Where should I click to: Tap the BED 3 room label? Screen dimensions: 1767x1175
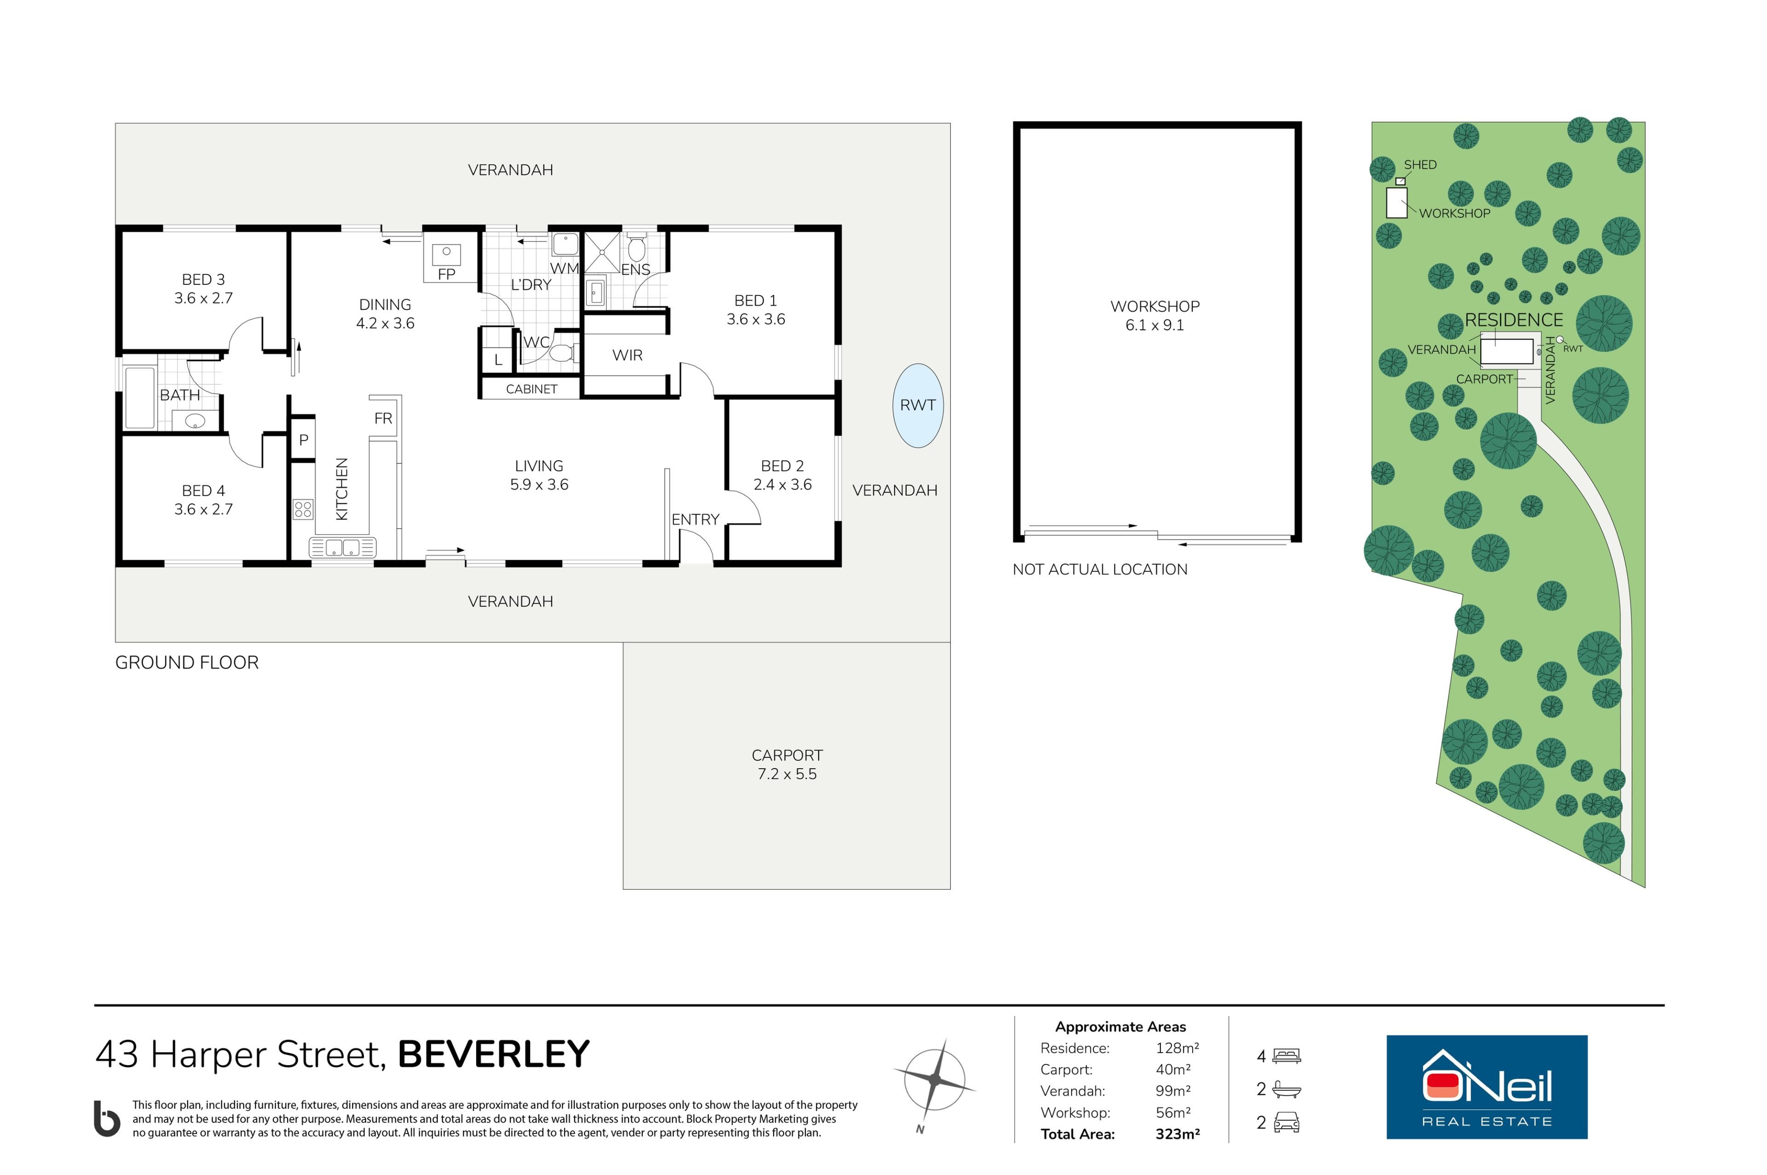click(x=203, y=280)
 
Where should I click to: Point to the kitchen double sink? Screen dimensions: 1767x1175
click(x=342, y=548)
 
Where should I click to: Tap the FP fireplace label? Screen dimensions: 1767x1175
click(x=447, y=274)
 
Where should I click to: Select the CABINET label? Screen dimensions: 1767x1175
click(x=531, y=389)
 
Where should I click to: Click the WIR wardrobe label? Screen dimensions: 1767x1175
click(x=627, y=355)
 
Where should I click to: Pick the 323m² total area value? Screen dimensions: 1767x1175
click(x=1177, y=1134)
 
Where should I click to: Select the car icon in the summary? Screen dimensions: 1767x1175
click(x=1287, y=1123)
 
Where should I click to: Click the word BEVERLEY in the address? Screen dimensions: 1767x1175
click(x=494, y=1054)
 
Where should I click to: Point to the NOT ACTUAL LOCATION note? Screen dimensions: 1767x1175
click(x=1099, y=570)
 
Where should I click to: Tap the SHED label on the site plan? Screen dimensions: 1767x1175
click(x=1420, y=165)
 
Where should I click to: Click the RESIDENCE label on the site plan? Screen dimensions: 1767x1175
click(x=1514, y=320)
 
